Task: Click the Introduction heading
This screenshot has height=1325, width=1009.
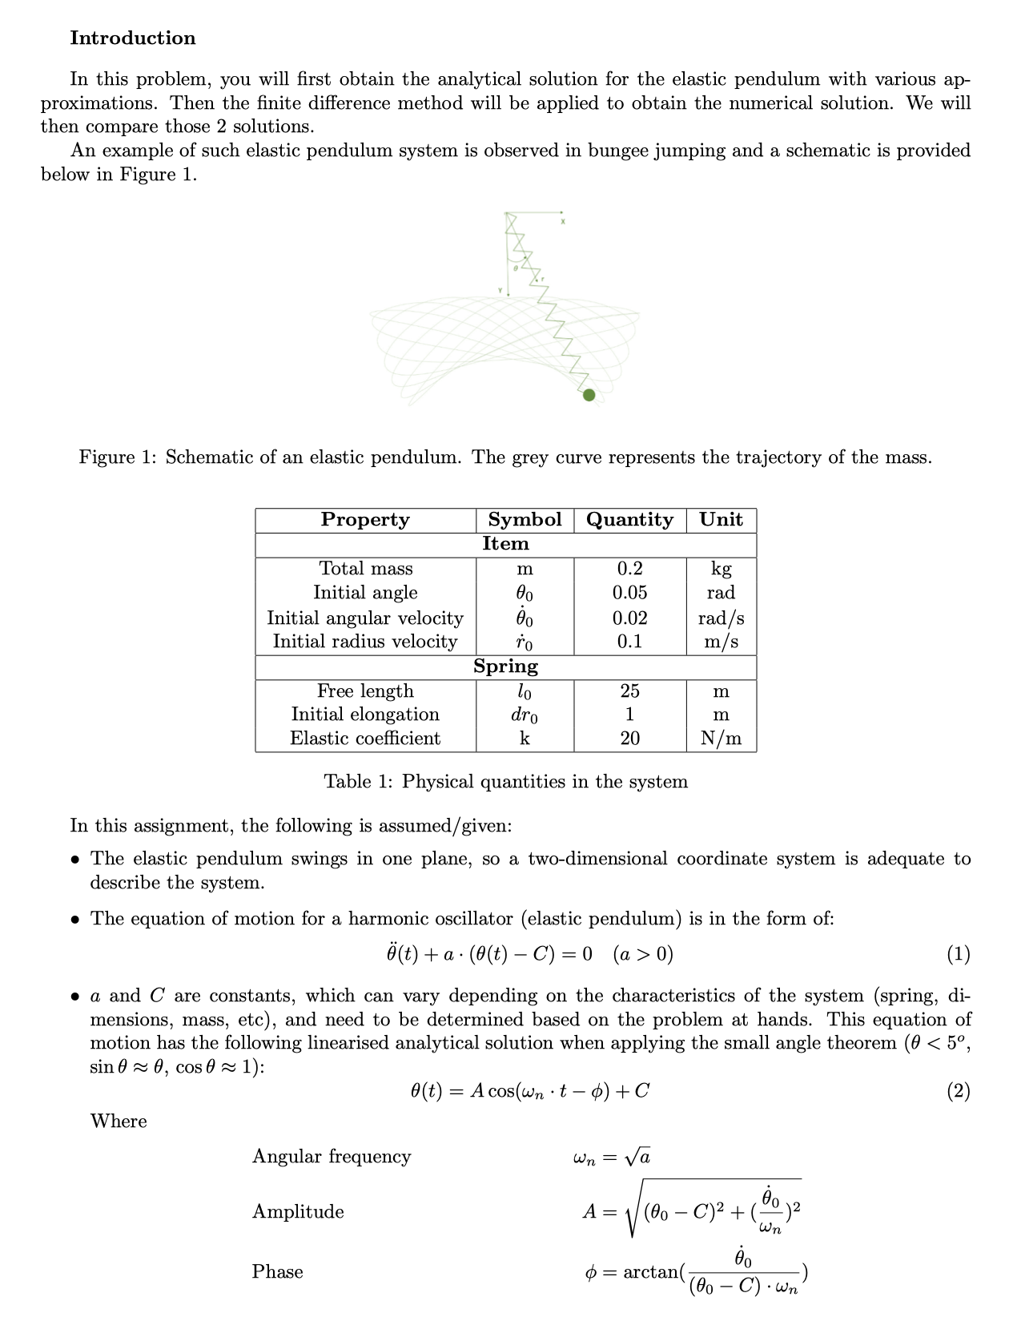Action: pyautogui.click(x=132, y=38)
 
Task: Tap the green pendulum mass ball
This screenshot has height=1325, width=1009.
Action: pyautogui.click(x=589, y=394)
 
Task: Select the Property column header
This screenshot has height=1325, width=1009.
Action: pyautogui.click(x=365, y=520)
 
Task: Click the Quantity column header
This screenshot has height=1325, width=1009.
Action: pyautogui.click(x=629, y=520)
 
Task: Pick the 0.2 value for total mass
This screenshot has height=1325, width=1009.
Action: pyautogui.click(x=629, y=569)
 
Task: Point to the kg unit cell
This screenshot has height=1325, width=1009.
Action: pyautogui.click(x=721, y=569)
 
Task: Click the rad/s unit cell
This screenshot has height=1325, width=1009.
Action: pyautogui.click(x=721, y=618)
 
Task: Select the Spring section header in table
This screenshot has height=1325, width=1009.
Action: pyautogui.click(x=505, y=667)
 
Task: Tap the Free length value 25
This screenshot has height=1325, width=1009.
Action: pyautogui.click(x=629, y=691)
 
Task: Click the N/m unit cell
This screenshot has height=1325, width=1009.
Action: pyautogui.click(x=721, y=739)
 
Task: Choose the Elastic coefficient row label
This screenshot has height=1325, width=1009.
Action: pyautogui.click(x=365, y=739)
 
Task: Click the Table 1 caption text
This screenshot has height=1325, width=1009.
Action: pyautogui.click(x=505, y=782)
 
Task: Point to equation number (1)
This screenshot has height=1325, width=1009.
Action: pyautogui.click(x=958, y=954)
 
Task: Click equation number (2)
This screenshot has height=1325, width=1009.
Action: pyautogui.click(x=958, y=1091)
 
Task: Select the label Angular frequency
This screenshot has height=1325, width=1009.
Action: pyautogui.click(x=332, y=1157)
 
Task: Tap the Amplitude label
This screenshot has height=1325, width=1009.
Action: pyautogui.click(x=298, y=1212)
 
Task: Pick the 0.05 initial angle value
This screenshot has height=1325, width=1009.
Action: pyautogui.click(x=629, y=593)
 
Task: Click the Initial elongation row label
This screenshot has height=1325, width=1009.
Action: pyautogui.click(x=365, y=715)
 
